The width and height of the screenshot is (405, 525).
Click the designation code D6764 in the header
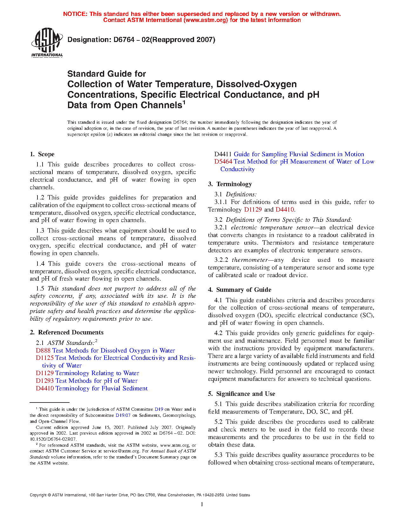(x=125, y=40)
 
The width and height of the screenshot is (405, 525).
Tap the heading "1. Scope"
(x=42, y=154)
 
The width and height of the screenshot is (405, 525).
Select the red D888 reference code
(x=43, y=350)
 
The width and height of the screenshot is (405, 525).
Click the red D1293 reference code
(x=45, y=381)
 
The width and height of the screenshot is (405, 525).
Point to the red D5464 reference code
(x=223, y=162)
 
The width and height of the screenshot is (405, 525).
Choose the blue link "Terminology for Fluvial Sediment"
(x=101, y=388)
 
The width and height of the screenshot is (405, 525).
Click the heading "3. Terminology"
(x=230, y=184)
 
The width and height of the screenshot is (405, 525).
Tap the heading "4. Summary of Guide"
(x=240, y=290)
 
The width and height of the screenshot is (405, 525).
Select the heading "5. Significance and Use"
(x=241, y=394)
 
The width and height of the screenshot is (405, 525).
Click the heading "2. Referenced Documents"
(x=66, y=332)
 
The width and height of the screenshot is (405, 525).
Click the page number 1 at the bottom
(x=202, y=504)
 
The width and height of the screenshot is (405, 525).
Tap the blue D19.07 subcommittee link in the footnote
(x=123, y=415)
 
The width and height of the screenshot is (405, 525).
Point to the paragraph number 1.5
(x=40, y=289)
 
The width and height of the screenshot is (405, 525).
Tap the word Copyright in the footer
(x=38, y=495)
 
